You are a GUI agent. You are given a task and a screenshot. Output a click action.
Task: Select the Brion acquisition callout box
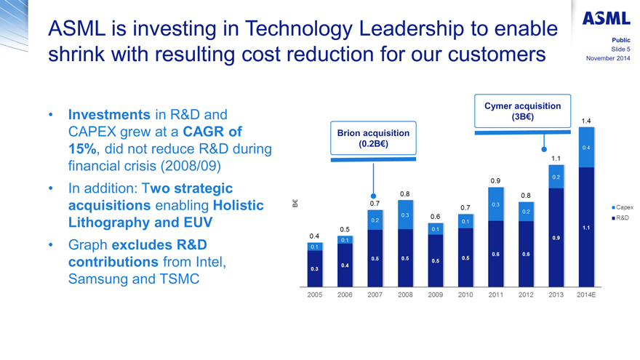[373, 138]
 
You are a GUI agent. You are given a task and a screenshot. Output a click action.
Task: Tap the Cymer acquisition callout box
[522, 111]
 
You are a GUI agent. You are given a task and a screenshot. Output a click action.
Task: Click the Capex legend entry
[621, 207]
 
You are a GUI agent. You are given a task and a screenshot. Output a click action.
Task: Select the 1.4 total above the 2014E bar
[585, 121]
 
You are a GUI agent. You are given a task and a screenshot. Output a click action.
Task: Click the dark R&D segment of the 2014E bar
[585, 225]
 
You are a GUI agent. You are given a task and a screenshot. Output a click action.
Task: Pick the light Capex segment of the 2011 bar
[495, 204]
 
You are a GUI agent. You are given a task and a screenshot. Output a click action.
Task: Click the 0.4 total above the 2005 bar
[315, 236]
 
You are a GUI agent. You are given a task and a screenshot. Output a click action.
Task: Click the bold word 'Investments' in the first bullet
[108, 115]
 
